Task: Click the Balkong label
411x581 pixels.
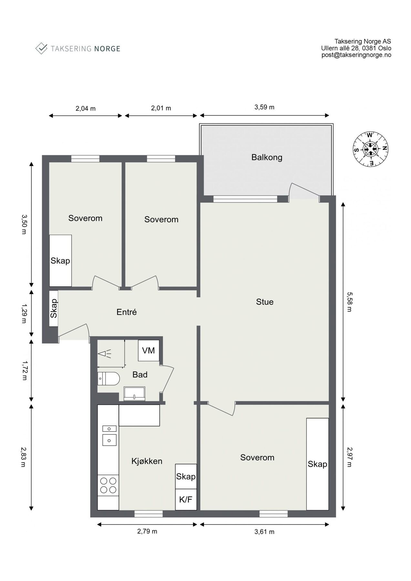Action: (267, 158)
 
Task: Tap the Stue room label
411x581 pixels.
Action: (264, 302)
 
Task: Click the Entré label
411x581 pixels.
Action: (127, 312)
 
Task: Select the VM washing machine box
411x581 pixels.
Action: (149, 351)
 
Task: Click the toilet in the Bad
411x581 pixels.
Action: (108, 378)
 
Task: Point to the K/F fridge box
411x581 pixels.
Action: (186, 500)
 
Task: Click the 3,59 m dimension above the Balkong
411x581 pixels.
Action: (264, 107)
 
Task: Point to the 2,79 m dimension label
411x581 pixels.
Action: (147, 531)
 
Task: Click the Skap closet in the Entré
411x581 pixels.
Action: (54, 308)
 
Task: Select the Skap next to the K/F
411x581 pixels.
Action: (186, 476)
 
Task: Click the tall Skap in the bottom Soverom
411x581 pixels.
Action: (317, 464)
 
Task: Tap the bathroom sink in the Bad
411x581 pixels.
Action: (134, 394)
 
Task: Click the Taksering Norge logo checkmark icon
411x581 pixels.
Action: (41, 48)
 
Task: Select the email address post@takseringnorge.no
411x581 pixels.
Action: (356, 55)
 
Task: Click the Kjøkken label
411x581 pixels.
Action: (147, 461)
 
